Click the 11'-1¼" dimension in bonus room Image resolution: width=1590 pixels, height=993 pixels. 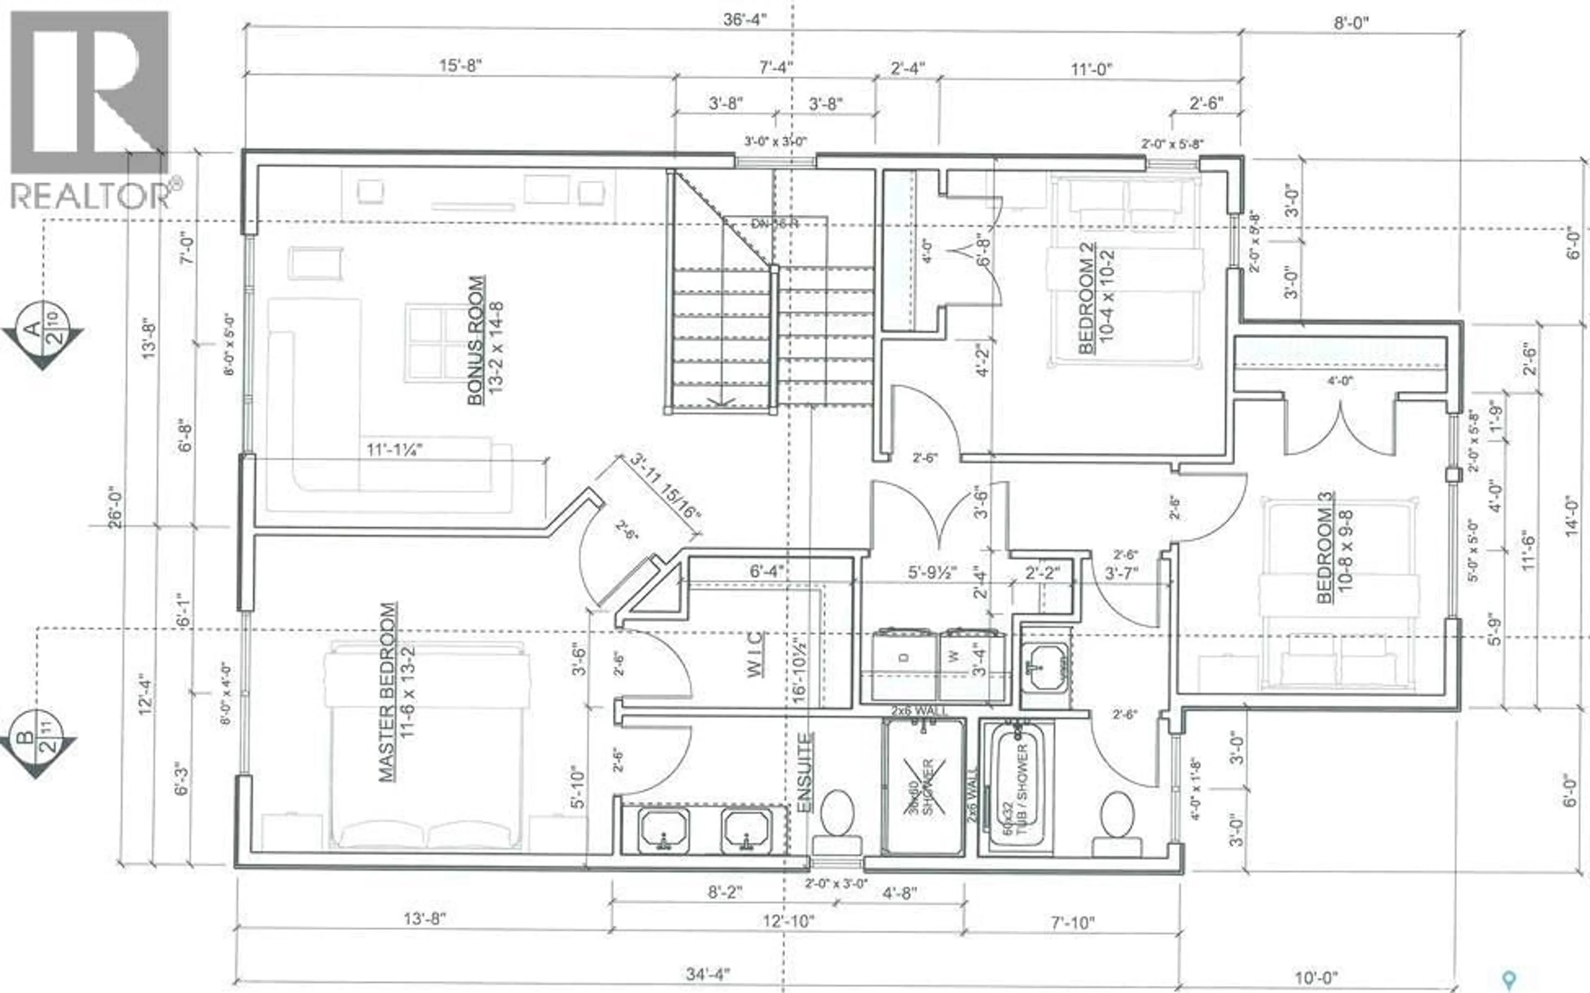(394, 450)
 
